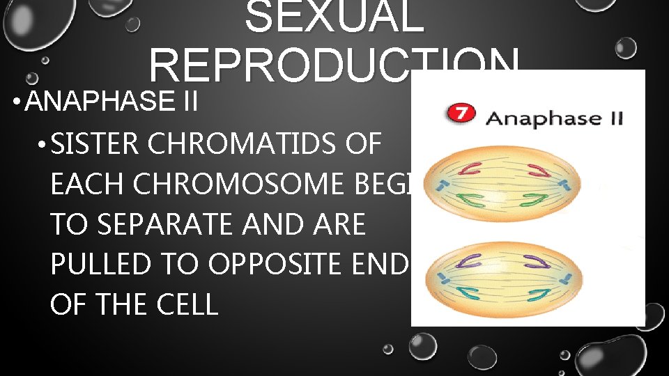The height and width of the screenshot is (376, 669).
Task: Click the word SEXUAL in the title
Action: tap(334, 17)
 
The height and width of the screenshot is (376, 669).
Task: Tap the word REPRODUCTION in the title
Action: tap(333, 68)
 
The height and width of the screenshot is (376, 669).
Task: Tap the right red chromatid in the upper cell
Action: tap(536, 168)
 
